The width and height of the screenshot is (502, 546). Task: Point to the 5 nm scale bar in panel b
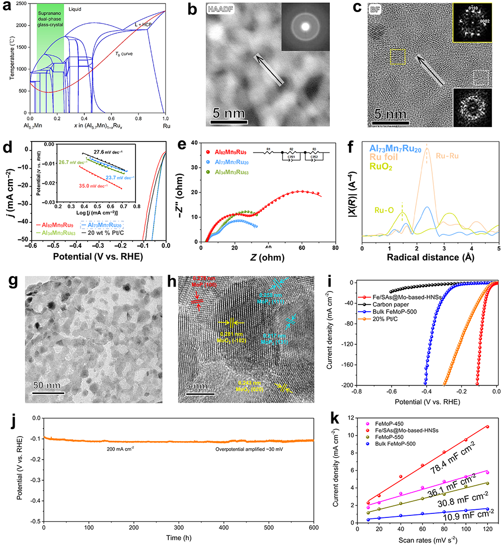[x=228, y=121]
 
